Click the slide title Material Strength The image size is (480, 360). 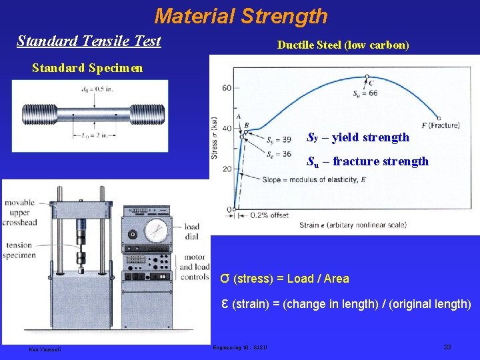pyautogui.click(x=241, y=15)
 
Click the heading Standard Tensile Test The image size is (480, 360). pyautogui.click(x=89, y=41)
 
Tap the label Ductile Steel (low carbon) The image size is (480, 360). pyautogui.click(x=343, y=45)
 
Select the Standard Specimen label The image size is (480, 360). pyautogui.click(x=87, y=68)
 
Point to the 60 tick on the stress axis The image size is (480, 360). pyautogui.click(x=227, y=87)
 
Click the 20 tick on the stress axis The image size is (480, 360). pyautogui.click(x=227, y=169)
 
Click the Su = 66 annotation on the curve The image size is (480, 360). pyautogui.click(x=365, y=93)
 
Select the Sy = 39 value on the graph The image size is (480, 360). pyautogui.click(x=278, y=140)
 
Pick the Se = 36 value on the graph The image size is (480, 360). pyautogui.click(x=278, y=155)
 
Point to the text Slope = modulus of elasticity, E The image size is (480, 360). pyautogui.click(x=309, y=180)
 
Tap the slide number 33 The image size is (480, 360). pyautogui.click(x=447, y=347)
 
